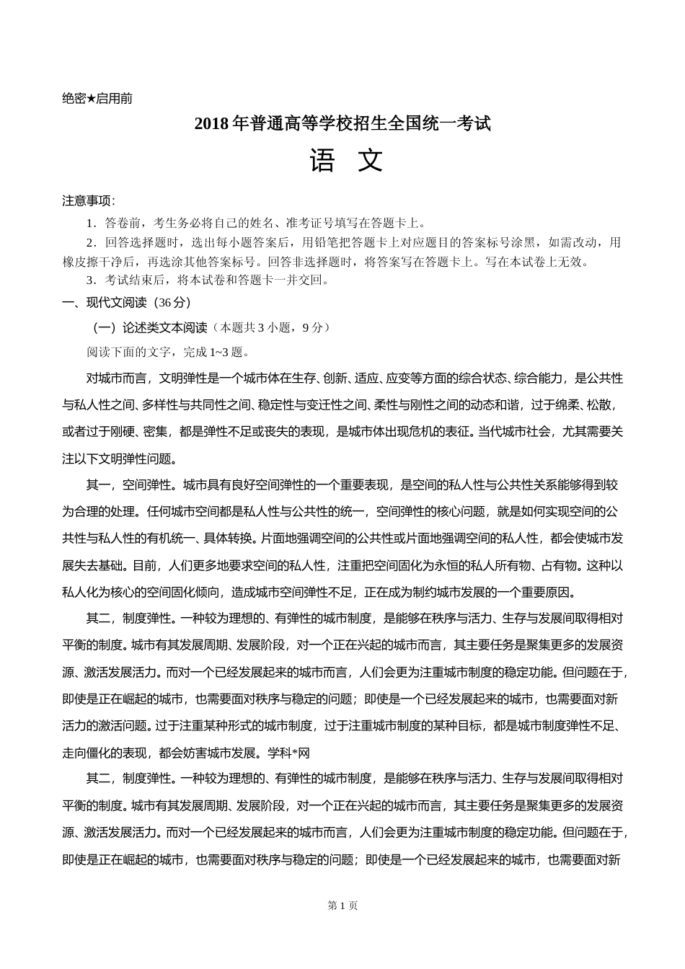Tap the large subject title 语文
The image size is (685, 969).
pyautogui.click(x=346, y=161)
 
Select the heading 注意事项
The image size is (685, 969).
pyautogui.click(x=89, y=201)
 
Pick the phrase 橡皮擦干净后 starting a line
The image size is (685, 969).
pyautogui.click(x=100, y=262)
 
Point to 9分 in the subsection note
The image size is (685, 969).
pyautogui.click(x=314, y=327)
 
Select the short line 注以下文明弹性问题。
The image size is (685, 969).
pyautogui.click(x=119, y=459)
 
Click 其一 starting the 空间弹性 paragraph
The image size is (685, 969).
pyautogui.click(x=98, y=485)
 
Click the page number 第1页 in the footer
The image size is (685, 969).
pyautogui.click(x=342, y=906)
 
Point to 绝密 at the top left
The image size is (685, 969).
pyautogui.click(x=74, y=99)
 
